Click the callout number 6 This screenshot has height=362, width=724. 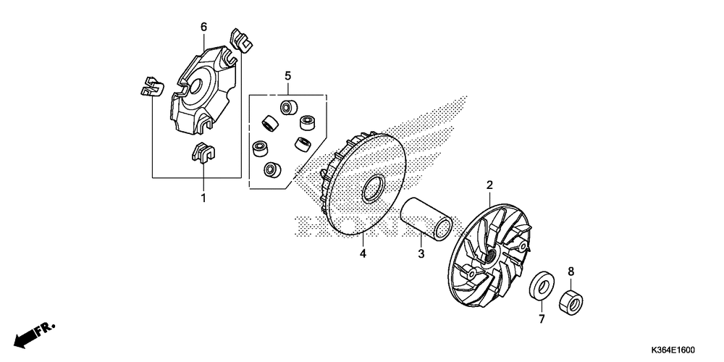click(x=203, y=27)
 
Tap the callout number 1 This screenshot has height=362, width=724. click(x=203, y=197)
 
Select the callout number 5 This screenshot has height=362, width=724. click(x=287, y=75)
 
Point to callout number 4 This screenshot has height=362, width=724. click(x=364, y=253)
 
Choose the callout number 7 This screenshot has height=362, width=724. click(x=540, y=319)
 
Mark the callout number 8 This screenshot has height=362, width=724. click(x=571, y=271)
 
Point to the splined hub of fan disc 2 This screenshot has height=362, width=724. click(x=493, y=253)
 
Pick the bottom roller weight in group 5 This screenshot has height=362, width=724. click(x=271, y=170)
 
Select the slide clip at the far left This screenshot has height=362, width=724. click(x=150, y=87)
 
